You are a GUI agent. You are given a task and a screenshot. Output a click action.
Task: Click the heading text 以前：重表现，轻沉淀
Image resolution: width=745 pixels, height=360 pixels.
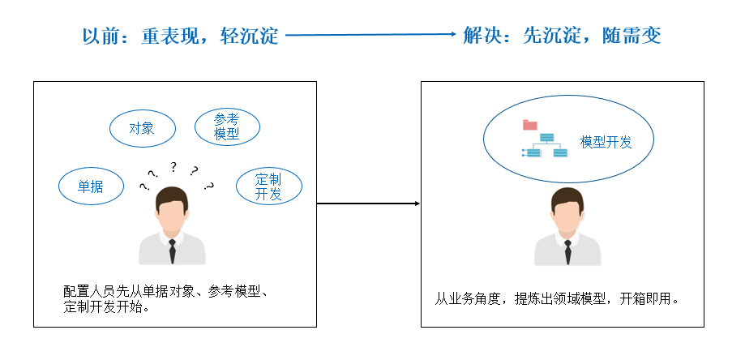pyautogui.click(x=180, y=36)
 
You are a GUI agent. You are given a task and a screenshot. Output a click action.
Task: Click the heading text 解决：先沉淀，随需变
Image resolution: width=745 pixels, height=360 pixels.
pyautogui.click(x=562, y=36)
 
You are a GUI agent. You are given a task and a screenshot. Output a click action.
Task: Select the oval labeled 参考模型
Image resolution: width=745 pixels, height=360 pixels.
pyautogui.click(x=227, y=127)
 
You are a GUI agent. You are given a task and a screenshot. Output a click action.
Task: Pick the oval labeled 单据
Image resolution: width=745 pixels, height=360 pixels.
pyautogui.click(x=91, y=186)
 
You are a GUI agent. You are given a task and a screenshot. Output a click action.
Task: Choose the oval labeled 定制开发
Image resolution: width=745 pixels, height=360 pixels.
pyautogui.click(x=268, y=186)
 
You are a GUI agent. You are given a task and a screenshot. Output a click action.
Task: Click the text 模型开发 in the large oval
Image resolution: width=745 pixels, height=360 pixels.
pyautogui.click(x=606, y=142)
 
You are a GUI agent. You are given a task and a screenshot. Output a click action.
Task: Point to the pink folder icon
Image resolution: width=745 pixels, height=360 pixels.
pyautogui.click(x=530, y=125)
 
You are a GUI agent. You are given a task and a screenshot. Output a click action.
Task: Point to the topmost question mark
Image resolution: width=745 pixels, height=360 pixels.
pyautogui.click(x=173, y=167)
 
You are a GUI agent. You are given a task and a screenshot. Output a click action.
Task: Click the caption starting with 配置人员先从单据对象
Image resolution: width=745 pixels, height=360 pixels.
pyautogui.click(x=170, y=299)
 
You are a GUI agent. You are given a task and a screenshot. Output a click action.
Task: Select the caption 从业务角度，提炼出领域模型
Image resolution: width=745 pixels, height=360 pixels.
pyautogui.click(x=527, y=298)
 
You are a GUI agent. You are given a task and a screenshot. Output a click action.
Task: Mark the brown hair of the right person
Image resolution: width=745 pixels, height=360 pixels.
pyautogui.click(x=567, y=195)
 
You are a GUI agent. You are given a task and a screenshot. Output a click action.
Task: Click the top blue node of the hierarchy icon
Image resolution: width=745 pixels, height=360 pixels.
pyautogui.click(x=547, y=136)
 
